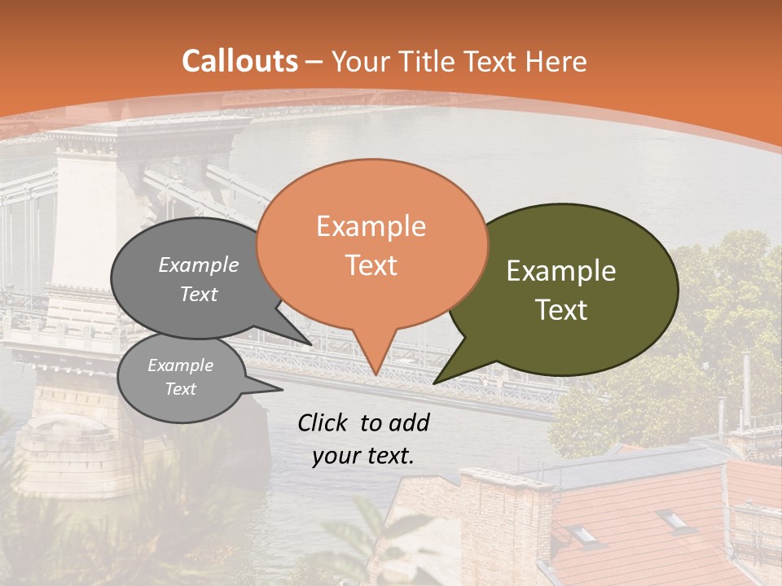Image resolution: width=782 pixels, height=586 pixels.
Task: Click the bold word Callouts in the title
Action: [239, 61]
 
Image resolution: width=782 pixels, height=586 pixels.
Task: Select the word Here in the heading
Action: [557, 61]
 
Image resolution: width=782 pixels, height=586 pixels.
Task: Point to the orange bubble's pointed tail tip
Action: [376, 374]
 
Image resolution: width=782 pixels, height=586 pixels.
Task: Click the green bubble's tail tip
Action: [435, 383]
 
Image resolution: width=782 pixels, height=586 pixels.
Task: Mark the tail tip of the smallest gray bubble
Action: [282, 390]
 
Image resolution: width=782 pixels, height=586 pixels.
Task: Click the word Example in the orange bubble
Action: [371, 226]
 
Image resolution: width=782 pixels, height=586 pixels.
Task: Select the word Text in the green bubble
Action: [561, 310]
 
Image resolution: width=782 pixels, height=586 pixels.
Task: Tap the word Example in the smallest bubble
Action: [180, 365]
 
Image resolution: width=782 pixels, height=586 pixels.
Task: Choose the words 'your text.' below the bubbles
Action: [362, 456]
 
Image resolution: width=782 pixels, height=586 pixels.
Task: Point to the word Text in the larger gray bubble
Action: [199, 295]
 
